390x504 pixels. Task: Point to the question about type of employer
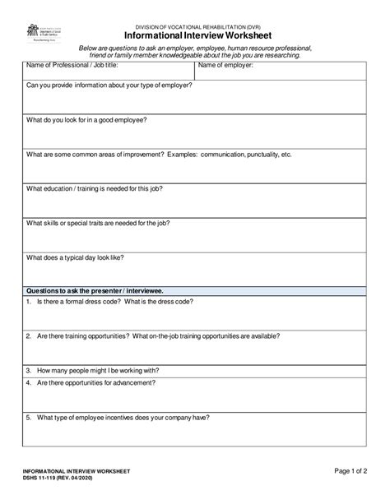pyautogui.click(x=109, y=85)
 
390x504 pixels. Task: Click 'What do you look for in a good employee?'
pyautogui.click(x=87, y=119)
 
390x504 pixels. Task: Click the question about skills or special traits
pyautogui.click(x=98, y=223)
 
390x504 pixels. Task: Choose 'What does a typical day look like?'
pyautogui.click(x=76, y=257)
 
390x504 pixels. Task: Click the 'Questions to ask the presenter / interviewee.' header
pyautogui.click(x=95, y=290)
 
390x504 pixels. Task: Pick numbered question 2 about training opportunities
pyautogui.click(x=152, y=336)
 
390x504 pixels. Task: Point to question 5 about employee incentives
pyautogui.click(x=118, y=417)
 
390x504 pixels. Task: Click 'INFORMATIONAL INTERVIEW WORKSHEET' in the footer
pyautogui.click(x=77, y=471)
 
